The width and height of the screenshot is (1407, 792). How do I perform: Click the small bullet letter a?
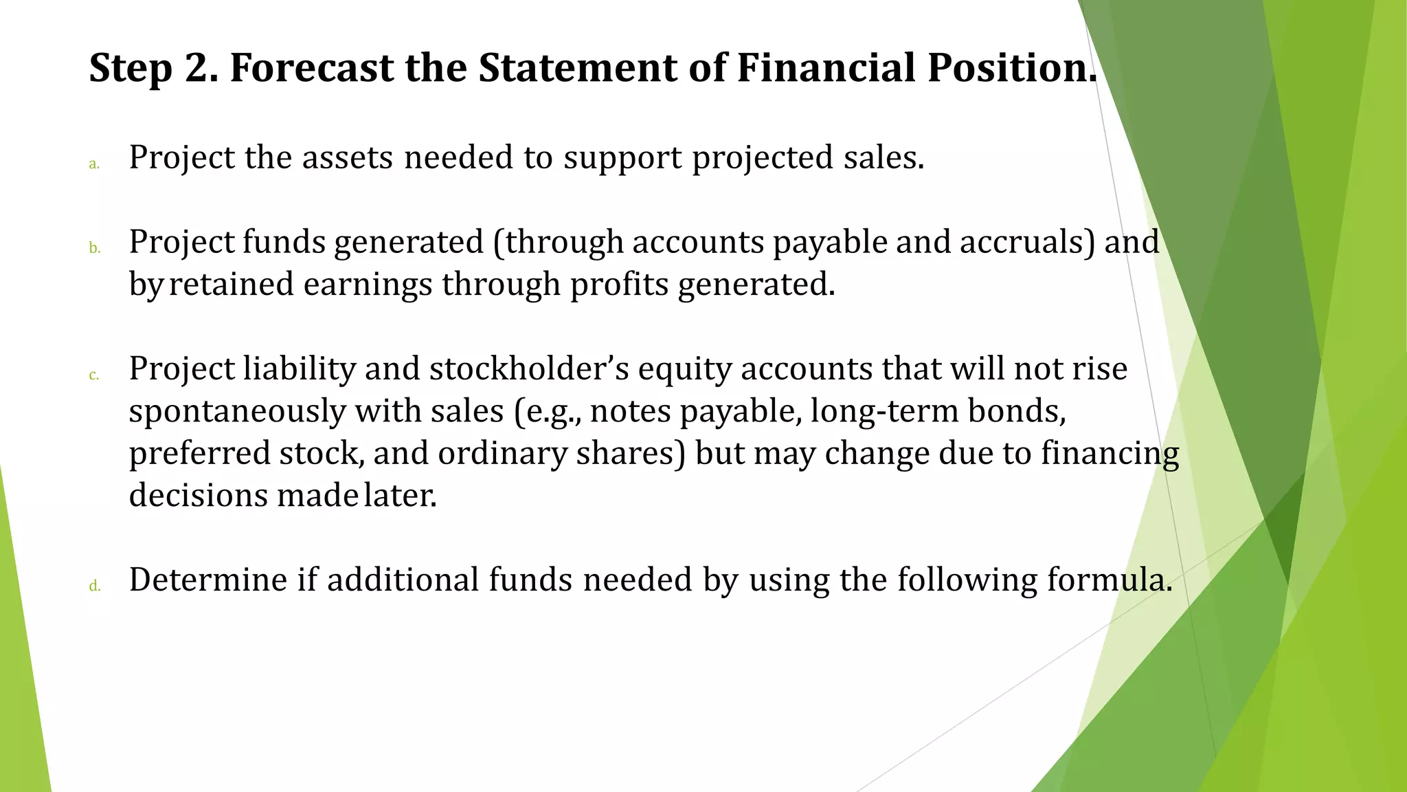point(94,164)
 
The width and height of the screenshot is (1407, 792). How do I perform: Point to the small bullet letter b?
point(95,248)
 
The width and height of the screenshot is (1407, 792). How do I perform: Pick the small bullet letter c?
point(94,375)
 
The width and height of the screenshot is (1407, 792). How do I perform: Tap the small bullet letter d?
point(95,586)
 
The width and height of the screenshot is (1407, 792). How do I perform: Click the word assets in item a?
point(348,157)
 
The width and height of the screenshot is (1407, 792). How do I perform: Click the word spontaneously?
point(237,412)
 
